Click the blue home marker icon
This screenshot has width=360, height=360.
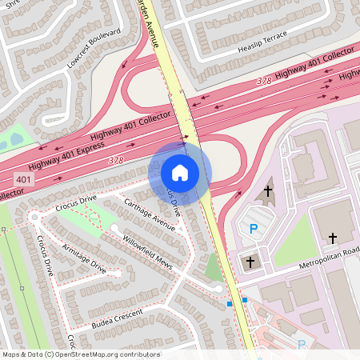tap(180, 172)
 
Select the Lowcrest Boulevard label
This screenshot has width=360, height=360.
tap(94, 48)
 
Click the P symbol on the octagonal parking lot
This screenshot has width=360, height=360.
tap(254, 229)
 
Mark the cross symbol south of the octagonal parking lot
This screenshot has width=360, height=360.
tap(250, 262)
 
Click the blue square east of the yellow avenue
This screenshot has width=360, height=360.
tap(245, 299)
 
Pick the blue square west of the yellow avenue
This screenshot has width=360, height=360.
tap(229, 304)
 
